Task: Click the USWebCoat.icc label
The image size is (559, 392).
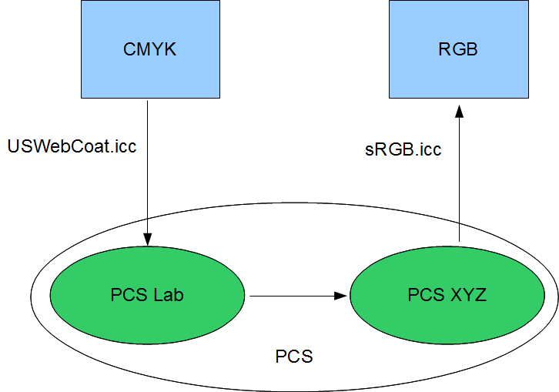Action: pos(71,146)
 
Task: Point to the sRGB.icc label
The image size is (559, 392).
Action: pos(403,149)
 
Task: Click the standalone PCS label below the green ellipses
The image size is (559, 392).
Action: pos(294,357)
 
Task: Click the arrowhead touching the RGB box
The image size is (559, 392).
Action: pos(459,112)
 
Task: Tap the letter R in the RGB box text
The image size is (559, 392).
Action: pos(444,50)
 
